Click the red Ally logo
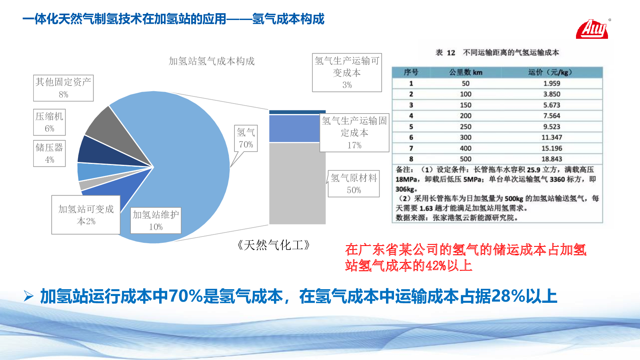[x=592, y=29]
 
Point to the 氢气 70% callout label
[x=246, y=138]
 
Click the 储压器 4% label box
[x=50, y=154]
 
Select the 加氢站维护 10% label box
[x=156, y=220]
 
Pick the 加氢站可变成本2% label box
[x=86, y=215]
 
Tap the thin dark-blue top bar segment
[x=297, y=112]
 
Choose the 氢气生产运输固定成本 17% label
[x=354, y=132]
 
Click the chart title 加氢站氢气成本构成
[x=212, y=61]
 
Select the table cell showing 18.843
[x=552, y=159]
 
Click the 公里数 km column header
[x=466, y=72]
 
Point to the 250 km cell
[x=466, y=126]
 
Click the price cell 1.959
[x=552, y=84]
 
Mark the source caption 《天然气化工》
[x=274, y=245]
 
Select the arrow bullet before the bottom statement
[x=28, y=296]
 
